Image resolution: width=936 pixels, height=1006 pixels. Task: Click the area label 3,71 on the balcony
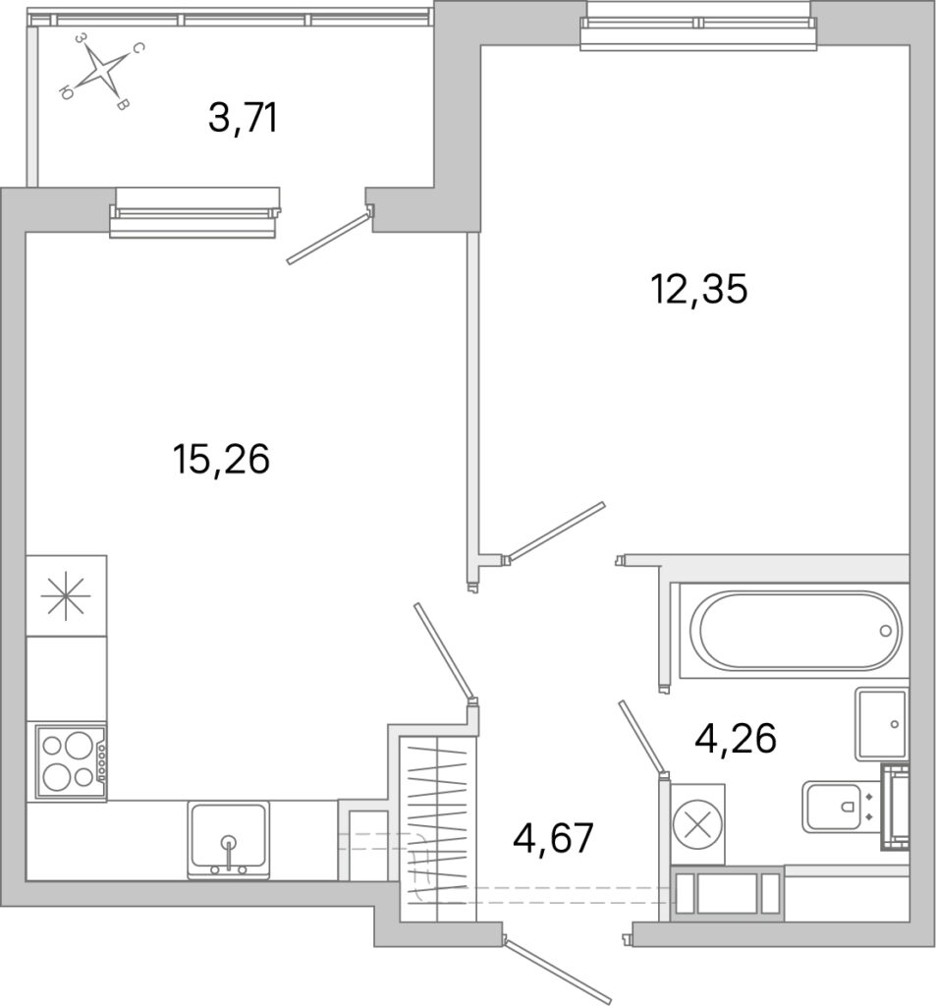[x=244, y=119]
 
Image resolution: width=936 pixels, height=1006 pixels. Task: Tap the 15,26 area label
[x=221, y=460]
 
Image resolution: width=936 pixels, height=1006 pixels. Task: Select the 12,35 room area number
[x=699, y=289]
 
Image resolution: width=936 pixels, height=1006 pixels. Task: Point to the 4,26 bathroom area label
[x=736, y=738]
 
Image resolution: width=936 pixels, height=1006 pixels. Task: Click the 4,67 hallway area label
[x=553, y=839]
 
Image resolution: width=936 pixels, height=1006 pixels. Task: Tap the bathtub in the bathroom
[x=795, y=631]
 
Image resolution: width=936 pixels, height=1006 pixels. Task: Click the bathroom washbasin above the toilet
[x=881, y=724]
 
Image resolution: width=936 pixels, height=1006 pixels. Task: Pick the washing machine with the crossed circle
[x=698, y=824]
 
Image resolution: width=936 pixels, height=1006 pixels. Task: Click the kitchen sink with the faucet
[x=229, y=839]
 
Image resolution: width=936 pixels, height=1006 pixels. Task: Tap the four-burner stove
[x=70, y=761]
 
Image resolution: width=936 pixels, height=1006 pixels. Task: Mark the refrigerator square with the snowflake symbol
[x=66, y=595]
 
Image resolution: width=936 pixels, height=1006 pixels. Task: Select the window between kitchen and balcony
[x=194, y=212]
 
